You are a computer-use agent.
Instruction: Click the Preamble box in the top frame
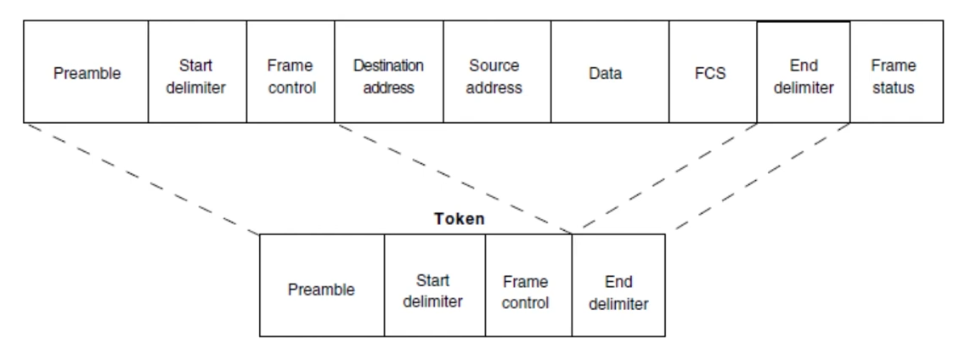[x=86, y=71]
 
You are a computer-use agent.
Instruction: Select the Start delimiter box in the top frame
[x=198, y=71]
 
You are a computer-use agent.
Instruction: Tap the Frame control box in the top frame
[x=291, y=71]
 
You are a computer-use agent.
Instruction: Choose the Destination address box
[x=389, y=71]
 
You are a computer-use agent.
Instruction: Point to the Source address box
[x=497, y=71]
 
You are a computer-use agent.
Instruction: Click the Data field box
[x=610, y=71]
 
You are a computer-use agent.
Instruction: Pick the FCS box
[x=714, y=71]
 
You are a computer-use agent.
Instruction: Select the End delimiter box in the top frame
[x=804, y=71]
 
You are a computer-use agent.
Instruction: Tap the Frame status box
[x=897, y=71]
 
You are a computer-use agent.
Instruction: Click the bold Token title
[x=459, y=219]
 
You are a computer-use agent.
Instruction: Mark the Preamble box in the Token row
[x=322, y=285]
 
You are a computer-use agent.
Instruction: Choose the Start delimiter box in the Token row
[x=435, y=285]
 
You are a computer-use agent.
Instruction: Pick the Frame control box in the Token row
[x=528, y=285]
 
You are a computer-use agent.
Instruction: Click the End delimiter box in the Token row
[x=618, y=285]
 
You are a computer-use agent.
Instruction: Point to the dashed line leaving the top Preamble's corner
[x=143, y=179]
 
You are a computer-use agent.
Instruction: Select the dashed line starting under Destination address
[x=454, y=179]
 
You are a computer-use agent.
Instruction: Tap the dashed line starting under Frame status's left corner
[x=763, y=177]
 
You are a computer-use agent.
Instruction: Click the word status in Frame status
[x=894, y=87]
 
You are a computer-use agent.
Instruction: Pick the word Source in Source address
[x=494, y=65]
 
